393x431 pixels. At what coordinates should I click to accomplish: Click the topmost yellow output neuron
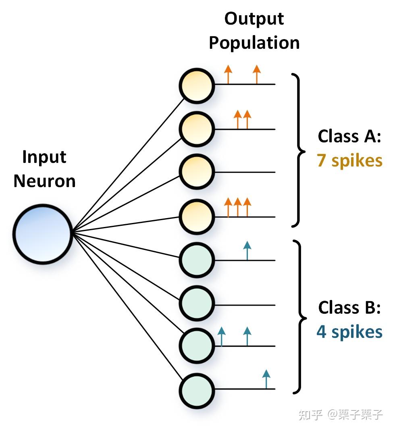click(x=196, y=86)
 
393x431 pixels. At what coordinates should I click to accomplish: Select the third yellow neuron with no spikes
click(x=196, y=172)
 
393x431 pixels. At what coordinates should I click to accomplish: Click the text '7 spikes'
click(x=349, y=160)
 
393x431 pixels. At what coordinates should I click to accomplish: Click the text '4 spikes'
click(x=349, y=332)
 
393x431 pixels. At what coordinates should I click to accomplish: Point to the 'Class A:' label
click(x=349, y=136)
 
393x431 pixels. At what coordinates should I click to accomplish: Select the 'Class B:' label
click(x=349, y=308)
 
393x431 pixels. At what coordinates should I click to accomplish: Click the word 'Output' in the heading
click(x=254, y=19)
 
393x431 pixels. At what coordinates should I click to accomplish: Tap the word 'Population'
click(x=254, y=43)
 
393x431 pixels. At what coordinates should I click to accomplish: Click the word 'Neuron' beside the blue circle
click(x=44, y=181)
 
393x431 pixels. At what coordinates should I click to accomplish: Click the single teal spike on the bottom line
click(x=266, y=379)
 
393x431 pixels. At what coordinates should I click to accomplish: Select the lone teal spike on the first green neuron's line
click(x=247, y=250)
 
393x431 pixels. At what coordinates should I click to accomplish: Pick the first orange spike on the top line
click(x=228, y=74)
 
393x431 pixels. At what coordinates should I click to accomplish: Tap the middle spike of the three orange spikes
click(x=238, y=207)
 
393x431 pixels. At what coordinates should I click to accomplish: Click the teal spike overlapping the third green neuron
click(x=221, y=337)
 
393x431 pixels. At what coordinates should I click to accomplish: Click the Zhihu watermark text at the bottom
click(x=341, y=414)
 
